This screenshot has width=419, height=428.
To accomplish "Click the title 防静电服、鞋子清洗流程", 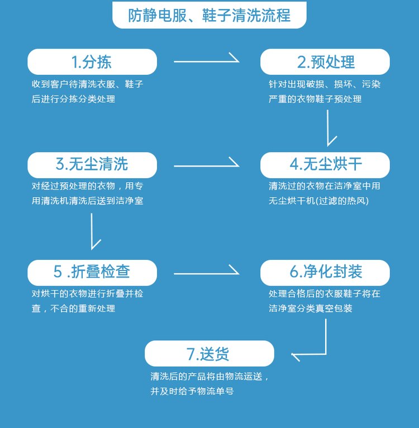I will [x=209, y=15].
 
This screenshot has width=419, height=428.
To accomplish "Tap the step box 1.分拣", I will [x=92, y=61].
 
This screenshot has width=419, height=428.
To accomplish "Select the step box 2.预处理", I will [x=325, y=61].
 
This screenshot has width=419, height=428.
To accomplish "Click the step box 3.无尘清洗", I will [x=92, y=164].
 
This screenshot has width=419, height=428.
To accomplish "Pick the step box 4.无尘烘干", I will [x=325, y=164].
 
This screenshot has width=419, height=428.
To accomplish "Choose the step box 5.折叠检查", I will [x=92, y=272].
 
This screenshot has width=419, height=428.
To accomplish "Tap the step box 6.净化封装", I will [x=325, y=272].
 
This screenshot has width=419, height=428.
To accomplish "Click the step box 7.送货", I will [x=209, y=354].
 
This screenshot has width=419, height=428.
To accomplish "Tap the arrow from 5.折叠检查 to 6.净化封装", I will [x=206, y=273].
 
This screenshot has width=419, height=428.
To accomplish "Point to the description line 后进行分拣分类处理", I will [x=74, y=99].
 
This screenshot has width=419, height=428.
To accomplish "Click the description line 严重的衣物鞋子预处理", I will [x=315, y=99].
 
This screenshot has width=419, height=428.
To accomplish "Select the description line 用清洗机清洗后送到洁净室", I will [x=88, y=201].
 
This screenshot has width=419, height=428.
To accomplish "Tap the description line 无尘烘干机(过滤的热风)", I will [x=319, y=201].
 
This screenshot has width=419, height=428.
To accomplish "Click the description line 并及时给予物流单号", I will [x=192, y=391].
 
